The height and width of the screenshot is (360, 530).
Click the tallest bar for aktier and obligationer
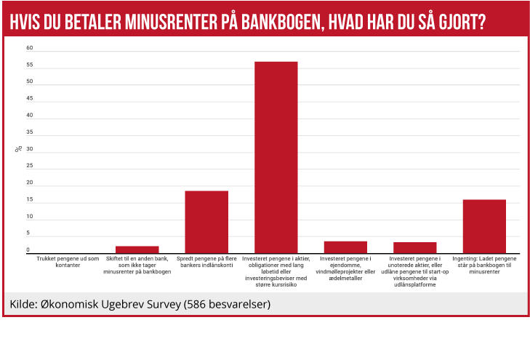(x=276, y=157)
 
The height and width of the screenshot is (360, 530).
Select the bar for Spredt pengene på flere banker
(x=206, y=222)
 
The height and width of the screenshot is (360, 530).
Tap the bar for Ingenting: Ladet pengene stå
(x=484, y=226)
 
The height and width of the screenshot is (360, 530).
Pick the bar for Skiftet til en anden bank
(x=137, y=249)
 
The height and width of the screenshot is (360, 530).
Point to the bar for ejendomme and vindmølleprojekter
(x=345, y=247)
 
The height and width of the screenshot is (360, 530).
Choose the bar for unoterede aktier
(x=414, y=247)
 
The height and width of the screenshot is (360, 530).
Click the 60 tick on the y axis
(x=30, y=48)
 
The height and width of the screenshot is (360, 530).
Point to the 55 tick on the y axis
(x=30, y=65)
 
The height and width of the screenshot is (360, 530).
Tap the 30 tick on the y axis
(x=30, y=149)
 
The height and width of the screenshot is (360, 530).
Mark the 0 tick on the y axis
(x=28, y=250)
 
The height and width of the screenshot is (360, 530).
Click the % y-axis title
(x=18, y=149)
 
